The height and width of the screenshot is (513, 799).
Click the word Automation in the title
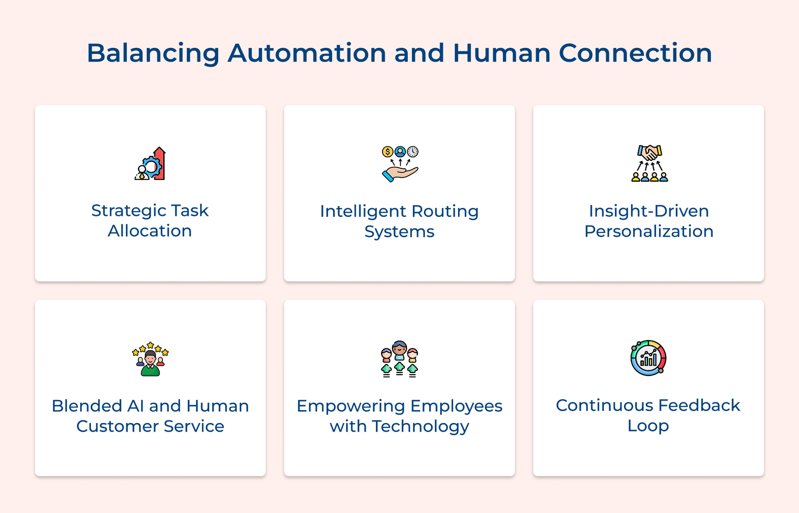point(307,53)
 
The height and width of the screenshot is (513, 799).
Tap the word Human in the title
point(501,53)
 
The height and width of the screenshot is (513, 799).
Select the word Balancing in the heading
point(153,53)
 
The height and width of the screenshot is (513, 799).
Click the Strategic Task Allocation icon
point(150,163)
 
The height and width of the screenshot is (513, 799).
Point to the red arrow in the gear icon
point(160,162)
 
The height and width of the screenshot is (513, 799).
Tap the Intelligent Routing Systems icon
point(399,163)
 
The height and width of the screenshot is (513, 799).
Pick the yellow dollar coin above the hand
point(388,151)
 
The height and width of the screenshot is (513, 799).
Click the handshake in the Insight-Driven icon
point(649,152)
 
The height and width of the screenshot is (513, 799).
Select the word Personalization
point(649,231)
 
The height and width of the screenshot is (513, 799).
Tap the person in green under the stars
point(150,364)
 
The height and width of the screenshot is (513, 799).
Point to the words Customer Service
point(150,426)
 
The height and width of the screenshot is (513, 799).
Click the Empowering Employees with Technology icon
point(399,359)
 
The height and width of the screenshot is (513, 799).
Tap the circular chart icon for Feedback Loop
point(648,358)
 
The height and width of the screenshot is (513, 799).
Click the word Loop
point(648,426)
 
